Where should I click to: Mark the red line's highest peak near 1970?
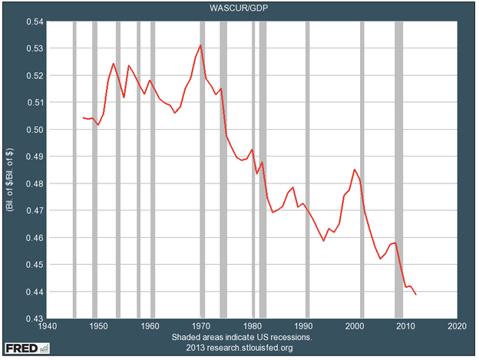pyautogui.click(x=200, y=45)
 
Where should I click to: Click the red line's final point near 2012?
pyautogui.click(x=416, y=294)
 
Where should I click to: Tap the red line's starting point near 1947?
pyautogui.click(x=82, y=117)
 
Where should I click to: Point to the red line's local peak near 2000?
pyautogui.click(x=354, y=170)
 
